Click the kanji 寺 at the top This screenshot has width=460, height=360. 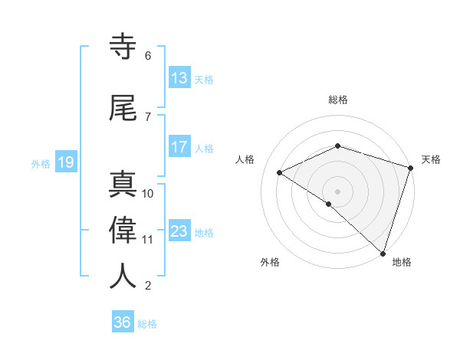pyautogui.click(x=124, y=47)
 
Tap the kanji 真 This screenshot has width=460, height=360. pyautogui.click(x=124, y=184)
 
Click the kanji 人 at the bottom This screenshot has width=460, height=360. pyautogui.click(x=124, y=277)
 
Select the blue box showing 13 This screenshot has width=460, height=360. pyautogui.click(x=179, y=78)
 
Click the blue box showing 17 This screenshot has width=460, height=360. pyautogui.click(x=179, y=147)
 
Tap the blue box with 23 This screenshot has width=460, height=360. pyautogui.click(x=179, y=231)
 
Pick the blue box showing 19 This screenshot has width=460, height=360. pyautogui.click(x=65, y=162)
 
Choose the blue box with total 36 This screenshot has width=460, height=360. pyautogui.click(x=123, y=322)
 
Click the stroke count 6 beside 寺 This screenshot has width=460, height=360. pyautogui.click(x=148, y=56)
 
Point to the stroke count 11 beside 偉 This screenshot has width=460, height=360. pyautogui.click(x=148, y=240)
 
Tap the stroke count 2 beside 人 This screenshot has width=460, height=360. pyautogui.click(x=148, y=286)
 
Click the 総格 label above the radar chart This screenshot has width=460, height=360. pyautogui.click(x=337, y=100)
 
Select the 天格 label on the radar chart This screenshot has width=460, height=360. pyautogui.click(x=431, y=159)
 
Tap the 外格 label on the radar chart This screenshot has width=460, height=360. pyautogui.click(x=270, y=262)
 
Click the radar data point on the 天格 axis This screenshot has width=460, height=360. pyautogui.click(x=411, y=168)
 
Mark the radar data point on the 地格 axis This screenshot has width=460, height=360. pyautogui.click(x=383, y=253)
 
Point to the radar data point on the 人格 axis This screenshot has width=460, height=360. pyautogui.click(x=280, y=173)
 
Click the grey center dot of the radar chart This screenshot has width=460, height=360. pyautogui.click(x=337, y=191)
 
